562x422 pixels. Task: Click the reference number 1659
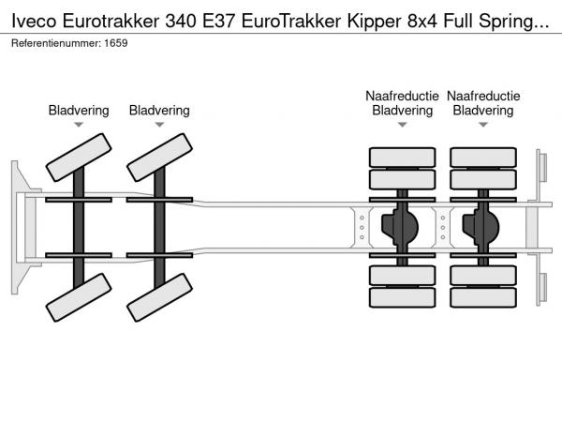pos(115,43)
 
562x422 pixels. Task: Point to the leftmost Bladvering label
pos(79,111)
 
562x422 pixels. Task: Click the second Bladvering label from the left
pos(159,111)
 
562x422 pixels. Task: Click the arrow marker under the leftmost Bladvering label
pos(79,125)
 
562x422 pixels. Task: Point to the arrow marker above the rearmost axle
pos(483,125)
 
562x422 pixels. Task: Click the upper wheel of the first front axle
pos(79,157)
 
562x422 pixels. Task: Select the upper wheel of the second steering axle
pos(159,157)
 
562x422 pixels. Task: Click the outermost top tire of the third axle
pos(403,156)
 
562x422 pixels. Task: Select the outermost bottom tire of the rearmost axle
pos(483,298)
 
